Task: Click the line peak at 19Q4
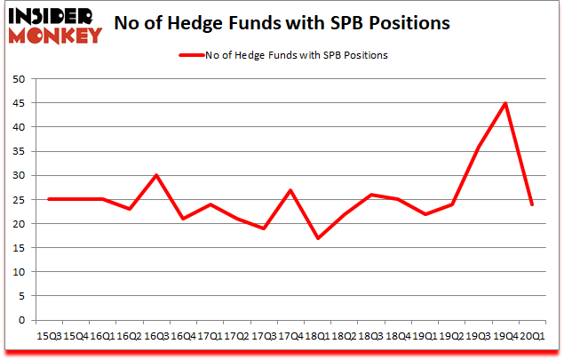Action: [505, 103]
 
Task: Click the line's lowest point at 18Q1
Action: [318, 238]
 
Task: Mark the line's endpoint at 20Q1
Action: [531, 204]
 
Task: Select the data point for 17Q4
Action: [290, 190]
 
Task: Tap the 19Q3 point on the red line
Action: [478, 148]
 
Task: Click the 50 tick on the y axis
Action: [18, 79]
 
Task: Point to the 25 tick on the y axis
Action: [18, 200]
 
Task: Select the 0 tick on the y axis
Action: [20, 320]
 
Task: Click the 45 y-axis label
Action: [18, 103]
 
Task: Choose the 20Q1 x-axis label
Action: [532, 337]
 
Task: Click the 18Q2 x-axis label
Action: [345, 337]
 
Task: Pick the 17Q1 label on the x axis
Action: [210, 337]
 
